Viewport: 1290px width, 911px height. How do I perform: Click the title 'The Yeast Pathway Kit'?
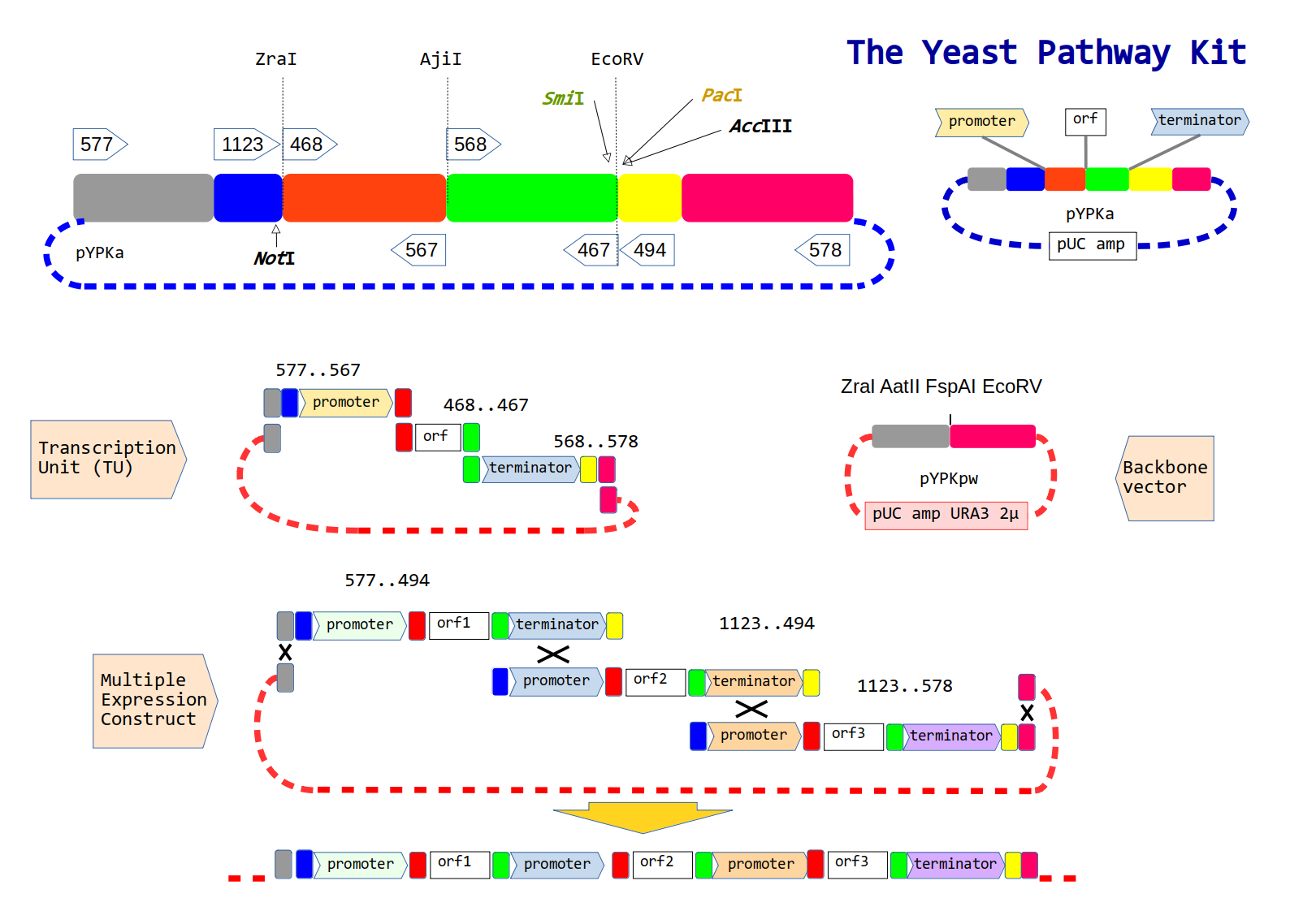[x=1045, y=54]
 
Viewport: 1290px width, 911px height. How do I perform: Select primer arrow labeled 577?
[x=100, y=144]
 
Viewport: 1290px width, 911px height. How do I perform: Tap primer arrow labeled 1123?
[x=246, y=144]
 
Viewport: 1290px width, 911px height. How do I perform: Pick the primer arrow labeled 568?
[x=474, y=144]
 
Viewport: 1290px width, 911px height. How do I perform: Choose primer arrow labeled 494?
[x=647, y=250]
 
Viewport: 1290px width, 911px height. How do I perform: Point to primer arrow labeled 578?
[x=822, y=250]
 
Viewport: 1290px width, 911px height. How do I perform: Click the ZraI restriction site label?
[x=276, y=59]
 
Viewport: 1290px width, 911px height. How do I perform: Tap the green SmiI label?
[x=563, y=98]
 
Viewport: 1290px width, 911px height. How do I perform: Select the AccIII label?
[x=760, y=126]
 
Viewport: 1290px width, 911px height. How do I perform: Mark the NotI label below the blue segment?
[x=274, y=258]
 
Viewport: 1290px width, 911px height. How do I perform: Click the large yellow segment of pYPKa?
[x=650, y=197]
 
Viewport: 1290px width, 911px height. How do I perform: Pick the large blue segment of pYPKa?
[x=249, y=197]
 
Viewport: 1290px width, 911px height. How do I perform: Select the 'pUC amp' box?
[x=1093, y=246]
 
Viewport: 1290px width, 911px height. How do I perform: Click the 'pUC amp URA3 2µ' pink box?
[x=946, y=515]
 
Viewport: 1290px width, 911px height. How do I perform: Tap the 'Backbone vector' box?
[x=1165, y=478]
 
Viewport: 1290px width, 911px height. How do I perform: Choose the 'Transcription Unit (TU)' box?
[x=108, y=459]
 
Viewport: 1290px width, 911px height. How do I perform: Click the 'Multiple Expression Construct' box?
[x=155, y=701]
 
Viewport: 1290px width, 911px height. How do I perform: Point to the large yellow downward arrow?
[x=643, y=817]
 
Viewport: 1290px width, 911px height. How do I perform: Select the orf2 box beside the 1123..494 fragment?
[x=656, y=682]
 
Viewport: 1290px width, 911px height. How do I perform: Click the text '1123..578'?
[x=905, y=686]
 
